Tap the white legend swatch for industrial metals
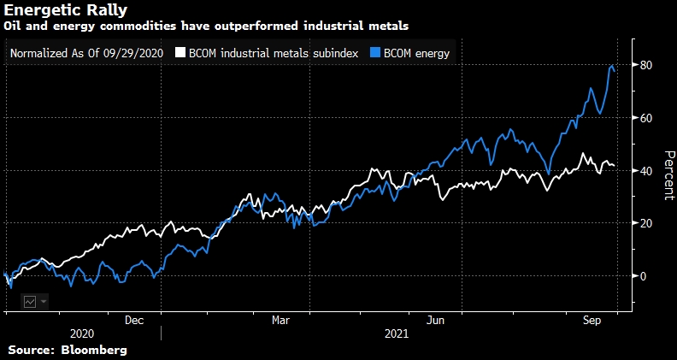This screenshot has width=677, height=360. tap(180, 53)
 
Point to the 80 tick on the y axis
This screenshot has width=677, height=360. tap(648, 66)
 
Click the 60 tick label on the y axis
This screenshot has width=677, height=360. tap(648, 118)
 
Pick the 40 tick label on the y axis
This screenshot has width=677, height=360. tap(648, 171)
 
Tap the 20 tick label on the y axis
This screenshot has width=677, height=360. tap(648, 223)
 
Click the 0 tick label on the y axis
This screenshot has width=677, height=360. tap(645, 276)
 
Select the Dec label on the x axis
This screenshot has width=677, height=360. tap(134, 320)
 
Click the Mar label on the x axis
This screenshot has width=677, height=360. tap(280, 320)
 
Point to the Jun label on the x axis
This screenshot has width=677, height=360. tap(433, 320)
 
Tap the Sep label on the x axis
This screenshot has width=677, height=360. tap(589, 320)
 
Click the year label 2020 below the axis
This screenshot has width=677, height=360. tap(82, 334)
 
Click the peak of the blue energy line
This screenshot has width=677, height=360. tap(612, 65)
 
